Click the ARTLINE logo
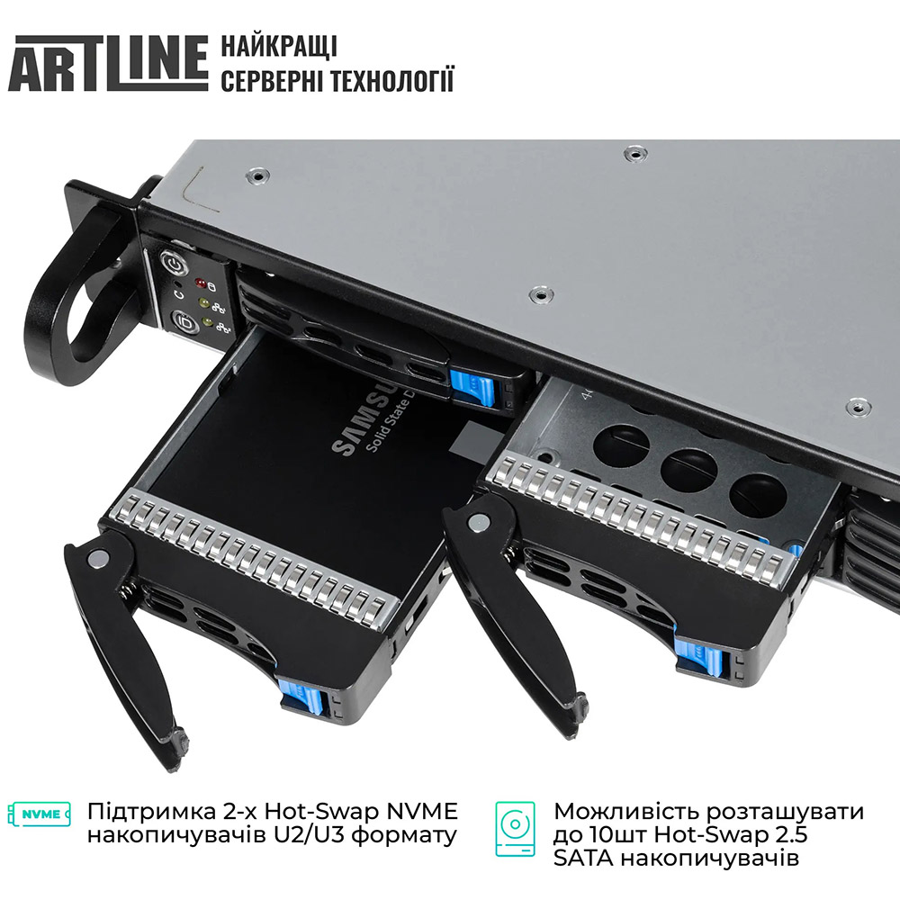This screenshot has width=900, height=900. [x=108, y=63]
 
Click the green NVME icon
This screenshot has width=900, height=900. [x=39, y=814]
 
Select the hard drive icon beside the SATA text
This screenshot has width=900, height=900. [x=515, y=829]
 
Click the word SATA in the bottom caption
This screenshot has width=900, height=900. [x=585, y=859]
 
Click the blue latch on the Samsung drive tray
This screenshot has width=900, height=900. [x=301, y=695]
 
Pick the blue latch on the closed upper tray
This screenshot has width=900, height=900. [x=472, y=388]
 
